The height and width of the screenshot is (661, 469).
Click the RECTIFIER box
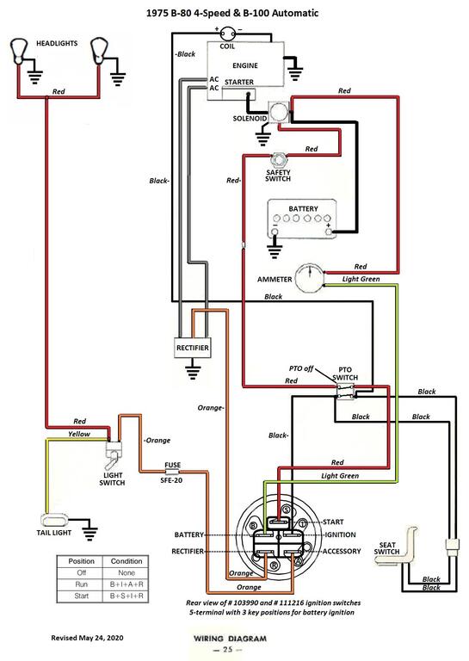193,348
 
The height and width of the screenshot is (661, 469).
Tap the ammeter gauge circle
309,278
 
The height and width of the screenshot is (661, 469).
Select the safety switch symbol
278,160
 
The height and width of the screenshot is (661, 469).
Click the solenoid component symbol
279,113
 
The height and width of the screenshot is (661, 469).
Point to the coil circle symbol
227,34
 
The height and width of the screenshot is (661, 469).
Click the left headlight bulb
18,51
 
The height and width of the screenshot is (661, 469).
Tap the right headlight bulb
99,51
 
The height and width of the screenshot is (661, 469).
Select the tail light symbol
53,519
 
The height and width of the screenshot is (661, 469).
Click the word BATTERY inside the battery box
303,208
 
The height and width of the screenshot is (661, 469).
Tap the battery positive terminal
329,231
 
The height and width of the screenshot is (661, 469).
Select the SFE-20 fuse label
171,480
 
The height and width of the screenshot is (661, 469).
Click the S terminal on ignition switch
286,510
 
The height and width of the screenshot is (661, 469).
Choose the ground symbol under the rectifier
193,371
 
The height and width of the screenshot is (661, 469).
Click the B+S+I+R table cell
127,596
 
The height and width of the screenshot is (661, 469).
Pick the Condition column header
127,561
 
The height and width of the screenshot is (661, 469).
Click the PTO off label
301,368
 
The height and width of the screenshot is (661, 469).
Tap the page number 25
227,649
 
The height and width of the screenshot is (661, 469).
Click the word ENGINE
244,65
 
